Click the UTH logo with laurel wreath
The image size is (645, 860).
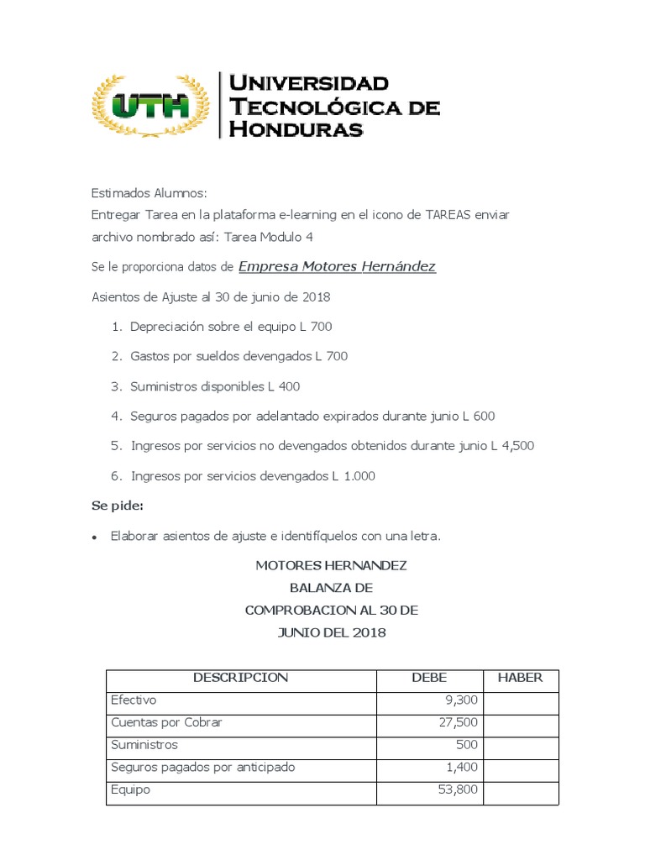click(x=150, y=105)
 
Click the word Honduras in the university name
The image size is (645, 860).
click(x=296, y=128)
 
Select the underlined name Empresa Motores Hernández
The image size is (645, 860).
click(x=337, y=267)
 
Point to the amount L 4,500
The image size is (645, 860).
click(x=512, y=446)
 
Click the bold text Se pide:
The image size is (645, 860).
click(x=117, y=506)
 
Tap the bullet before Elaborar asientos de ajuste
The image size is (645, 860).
click(x=96, y=537)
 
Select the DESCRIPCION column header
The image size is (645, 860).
click(x=240, y=678)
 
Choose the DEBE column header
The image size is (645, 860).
click(x=428, y=678)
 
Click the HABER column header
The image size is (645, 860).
click(x=521, y=678)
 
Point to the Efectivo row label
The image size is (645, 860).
click(x=134, y=700)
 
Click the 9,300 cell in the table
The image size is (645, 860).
click(x=461, y=700)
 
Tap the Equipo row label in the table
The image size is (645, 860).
click(x=130, y=790)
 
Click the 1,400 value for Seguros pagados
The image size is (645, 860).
click(x=461, y=768)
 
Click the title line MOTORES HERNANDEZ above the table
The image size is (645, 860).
click(x=331, y=566)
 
